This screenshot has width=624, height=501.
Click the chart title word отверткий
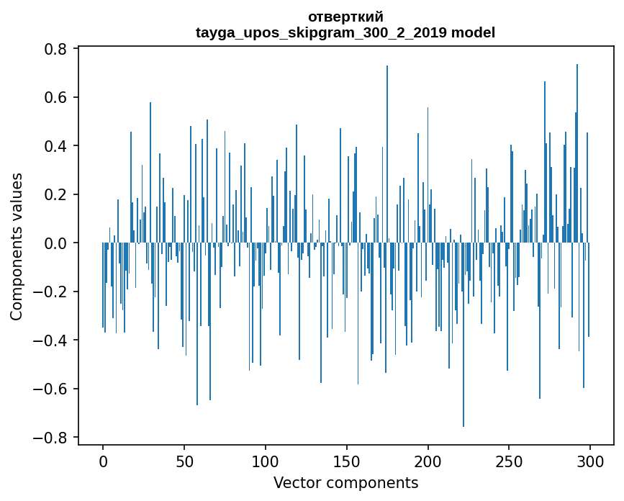(345, 17)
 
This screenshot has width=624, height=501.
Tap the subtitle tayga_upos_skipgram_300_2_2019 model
(345, 32)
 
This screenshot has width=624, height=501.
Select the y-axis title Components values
(16, 246)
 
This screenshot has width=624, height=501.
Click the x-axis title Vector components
(345, 482)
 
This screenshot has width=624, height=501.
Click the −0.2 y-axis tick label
(52, 292)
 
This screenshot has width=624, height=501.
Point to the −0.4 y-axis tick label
(52, 340)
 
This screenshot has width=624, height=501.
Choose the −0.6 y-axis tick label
(52, 389)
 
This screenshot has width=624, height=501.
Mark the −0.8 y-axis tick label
(52, 438)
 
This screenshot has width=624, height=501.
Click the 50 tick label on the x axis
(184, 460)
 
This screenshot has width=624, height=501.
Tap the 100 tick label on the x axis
(266, 460)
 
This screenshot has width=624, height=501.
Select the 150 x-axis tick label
(347, 460)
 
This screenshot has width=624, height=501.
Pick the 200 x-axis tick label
(428, 460)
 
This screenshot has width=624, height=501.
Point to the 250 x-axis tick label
(510, 460)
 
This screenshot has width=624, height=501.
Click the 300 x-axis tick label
(590, 460)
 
